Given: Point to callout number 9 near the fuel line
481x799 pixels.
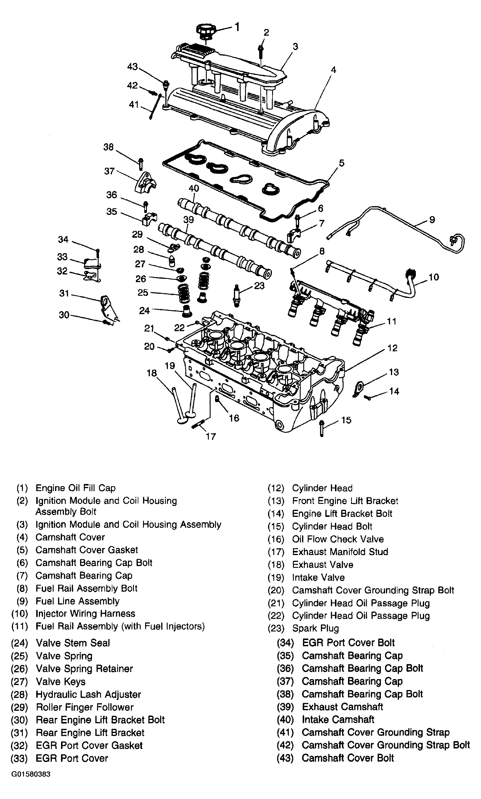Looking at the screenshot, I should coord(432,220).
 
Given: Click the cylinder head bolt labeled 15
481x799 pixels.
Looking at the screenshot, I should coord(322,428).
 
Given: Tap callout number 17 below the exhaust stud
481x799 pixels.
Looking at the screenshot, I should coord(211,437).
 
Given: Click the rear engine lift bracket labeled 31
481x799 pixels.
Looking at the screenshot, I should coord(107,308).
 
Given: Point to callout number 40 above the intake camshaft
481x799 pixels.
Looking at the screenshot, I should coord(193,189).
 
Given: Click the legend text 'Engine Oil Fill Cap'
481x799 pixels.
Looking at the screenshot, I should coord(75,488).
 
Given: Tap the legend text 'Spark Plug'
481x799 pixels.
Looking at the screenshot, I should coord(315,628).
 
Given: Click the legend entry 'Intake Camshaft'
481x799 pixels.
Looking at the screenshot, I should coord(338,720).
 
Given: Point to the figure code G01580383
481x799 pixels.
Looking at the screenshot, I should coord(31,774).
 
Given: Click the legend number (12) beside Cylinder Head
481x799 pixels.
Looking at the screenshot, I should coord(276,488).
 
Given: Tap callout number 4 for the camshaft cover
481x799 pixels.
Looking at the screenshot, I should coord(333,70).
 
